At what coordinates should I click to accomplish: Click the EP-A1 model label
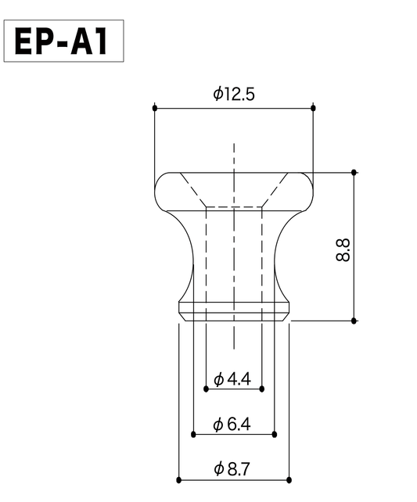pyautogui.click(x=65, y=41)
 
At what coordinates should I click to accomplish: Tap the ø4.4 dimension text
pyautogui.click(x=232, y=380)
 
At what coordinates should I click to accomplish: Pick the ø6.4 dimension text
pyautogui.click(x=232, y=425)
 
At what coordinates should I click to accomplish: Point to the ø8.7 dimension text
pyautogui.click(x=232, y=469)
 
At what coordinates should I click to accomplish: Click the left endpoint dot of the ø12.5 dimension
pyautogui.click(x=155, y=107)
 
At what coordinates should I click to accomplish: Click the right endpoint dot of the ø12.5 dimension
pyautogui.click(x=314, y=107)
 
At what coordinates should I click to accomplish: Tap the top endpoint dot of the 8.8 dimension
pyautogui.click(x=354, y=172)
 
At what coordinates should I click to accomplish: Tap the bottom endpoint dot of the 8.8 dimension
pyautogui.click(x=354, y=321)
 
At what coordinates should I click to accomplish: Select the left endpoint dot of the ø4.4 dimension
pyautogui.click(x=206, y=388)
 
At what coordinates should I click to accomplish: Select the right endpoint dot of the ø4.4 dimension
pyautogui.click(x=262, y=388)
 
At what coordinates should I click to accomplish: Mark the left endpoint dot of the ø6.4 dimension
pyautogui.click(x=193, y=433)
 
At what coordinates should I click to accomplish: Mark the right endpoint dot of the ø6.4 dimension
pyautogui.click(x=275, y=433)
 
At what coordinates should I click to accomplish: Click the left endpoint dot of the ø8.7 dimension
pyautogui.click(x=179, y=479)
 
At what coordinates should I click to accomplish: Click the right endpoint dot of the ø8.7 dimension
pyautogui.click(x=289, y=479)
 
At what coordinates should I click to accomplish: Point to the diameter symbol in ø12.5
pyautogui.click(x=217, y=94)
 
